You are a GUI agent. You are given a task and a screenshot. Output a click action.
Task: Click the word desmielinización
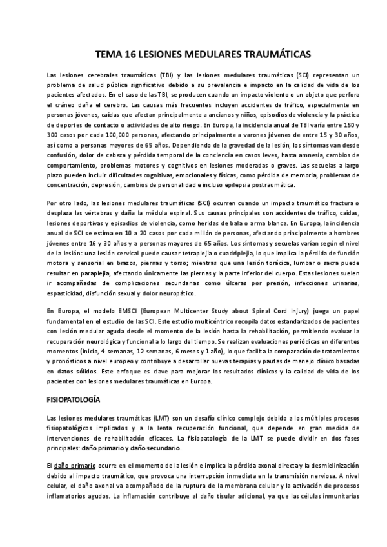324,464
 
